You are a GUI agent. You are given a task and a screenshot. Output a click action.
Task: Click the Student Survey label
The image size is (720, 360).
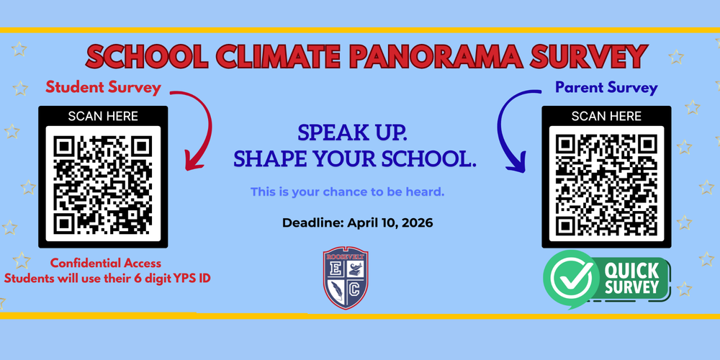coord(103,88)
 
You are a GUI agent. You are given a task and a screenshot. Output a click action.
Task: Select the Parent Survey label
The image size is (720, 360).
coord(606,88)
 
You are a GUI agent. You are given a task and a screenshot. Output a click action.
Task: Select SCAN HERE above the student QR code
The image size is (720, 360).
coord(103,116)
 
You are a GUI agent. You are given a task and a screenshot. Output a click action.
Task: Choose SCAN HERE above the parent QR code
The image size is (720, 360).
coord(606,116)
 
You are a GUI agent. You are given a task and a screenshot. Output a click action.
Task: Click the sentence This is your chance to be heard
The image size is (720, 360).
coord(348,192)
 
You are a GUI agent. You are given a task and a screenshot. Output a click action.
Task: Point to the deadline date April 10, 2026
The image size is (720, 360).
coord(390,223)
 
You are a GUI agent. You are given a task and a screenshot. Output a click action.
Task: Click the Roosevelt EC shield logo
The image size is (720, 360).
coord(347,279)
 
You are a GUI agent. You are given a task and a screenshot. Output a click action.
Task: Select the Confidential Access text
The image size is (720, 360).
coord(106,264)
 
